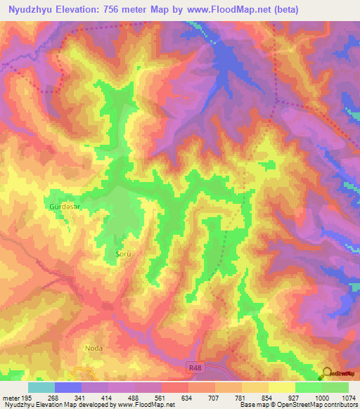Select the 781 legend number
[241, 398]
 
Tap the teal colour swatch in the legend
[41, 387]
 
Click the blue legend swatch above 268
[68, 387]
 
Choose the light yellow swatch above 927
[281, 387]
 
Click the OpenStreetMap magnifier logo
[326, 373]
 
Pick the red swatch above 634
[174, 387]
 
